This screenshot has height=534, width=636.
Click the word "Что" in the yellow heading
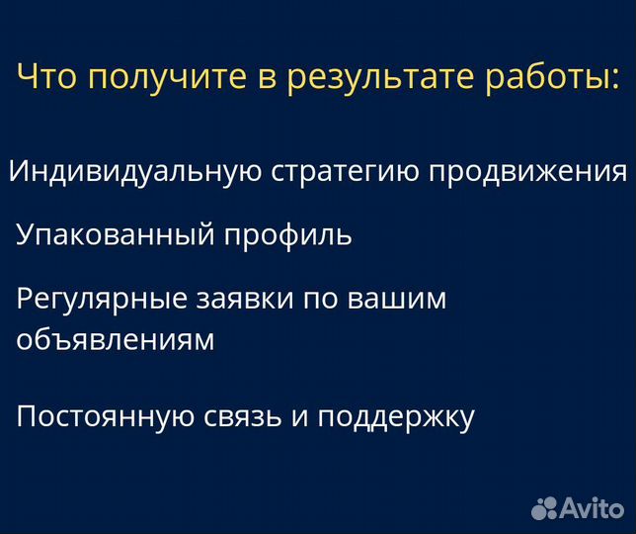click(x=48, y=77)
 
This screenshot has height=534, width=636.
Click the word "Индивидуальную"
click(x=135, y=172)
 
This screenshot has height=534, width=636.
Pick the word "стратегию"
click(x=345, y=172)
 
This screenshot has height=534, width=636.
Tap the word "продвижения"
click(x=527, y=172)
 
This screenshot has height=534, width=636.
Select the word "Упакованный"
click(x=117, y=235)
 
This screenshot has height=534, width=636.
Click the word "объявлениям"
click(x=116, y=340)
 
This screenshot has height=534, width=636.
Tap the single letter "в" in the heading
click(x=269, y=79)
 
